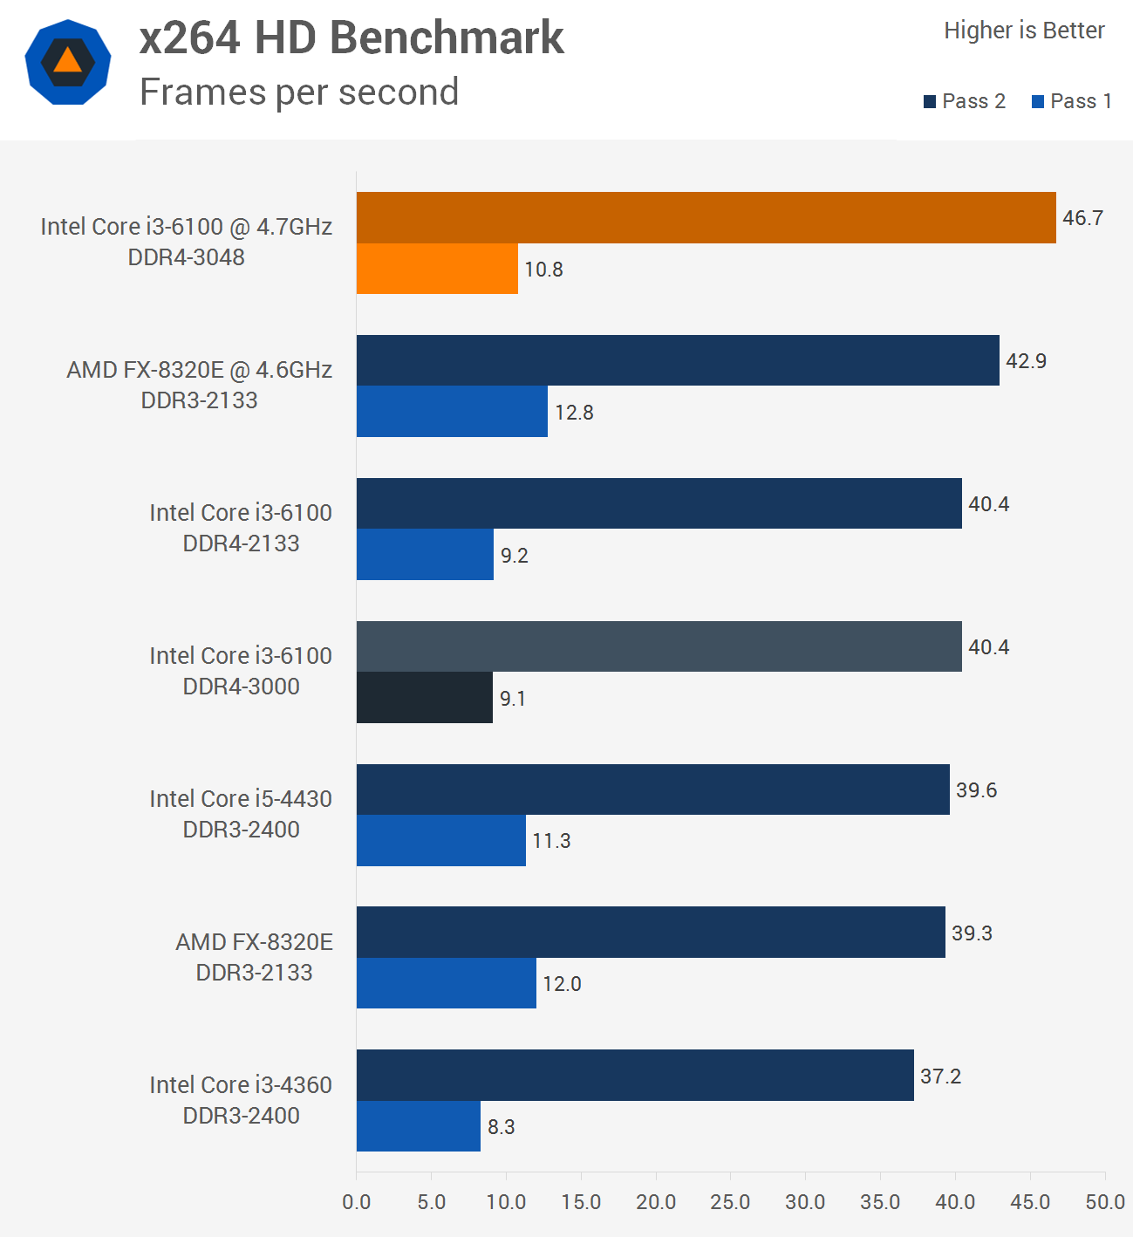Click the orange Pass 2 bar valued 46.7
pyautogui.click(x=706, y=217)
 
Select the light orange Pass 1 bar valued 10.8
pyautogui.click(x=437, y=269)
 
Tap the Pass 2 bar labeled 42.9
pyautogui.click(x=678, y=360)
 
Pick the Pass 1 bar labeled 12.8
pyautogui.click(x=452, y=412)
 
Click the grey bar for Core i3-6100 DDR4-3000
pyautogui.click(x=659, y=646)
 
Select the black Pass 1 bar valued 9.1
pyautogui.click(x=425, y=698)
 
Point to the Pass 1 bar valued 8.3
pyautogui.click(x=419, y=1126)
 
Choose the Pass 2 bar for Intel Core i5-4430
pyautogui.click(x=652, y=789)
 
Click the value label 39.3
pyautogui.click(x=972, y=933)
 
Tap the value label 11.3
pyautogui.click(x=551, y=841)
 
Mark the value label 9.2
pyautogui.click(x=514, y=556)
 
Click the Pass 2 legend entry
pyautogui.click(x=965, y=101)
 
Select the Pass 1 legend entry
pyautogui.click(x=1072, y=101)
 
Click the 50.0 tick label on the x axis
pyautogui.click(x=1104, y=1202)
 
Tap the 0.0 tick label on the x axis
pyautogui.click(x=357, y=1202)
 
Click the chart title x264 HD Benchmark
pyautogui.click(x=352, y=38)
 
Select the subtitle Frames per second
pyautogui.click(x=299, y=92)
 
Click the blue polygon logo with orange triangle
pyautogui.click(x=68, y=62)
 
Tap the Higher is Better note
pyautogui.click(x=1024, y=31)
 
